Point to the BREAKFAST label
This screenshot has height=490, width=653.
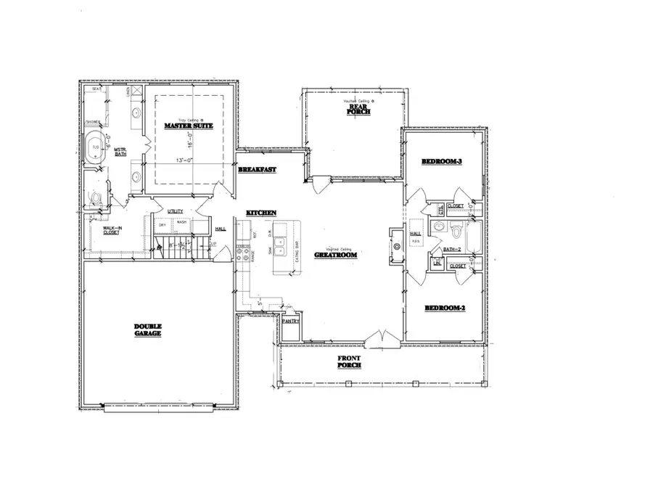[257, 170]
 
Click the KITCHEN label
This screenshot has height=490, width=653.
[261, 212]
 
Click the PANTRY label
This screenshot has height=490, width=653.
[292, 321]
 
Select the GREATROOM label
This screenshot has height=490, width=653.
[334, 256]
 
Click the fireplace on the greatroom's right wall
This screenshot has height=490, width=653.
[395, 245]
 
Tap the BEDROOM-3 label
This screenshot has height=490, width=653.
[443, 162]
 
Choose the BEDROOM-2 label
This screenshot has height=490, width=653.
[443, 309]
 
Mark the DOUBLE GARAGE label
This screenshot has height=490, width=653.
[147, 330]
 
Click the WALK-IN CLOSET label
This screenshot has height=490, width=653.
[111, 230]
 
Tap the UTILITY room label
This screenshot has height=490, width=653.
[176, 211]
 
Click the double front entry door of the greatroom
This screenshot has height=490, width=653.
[376, 338]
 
